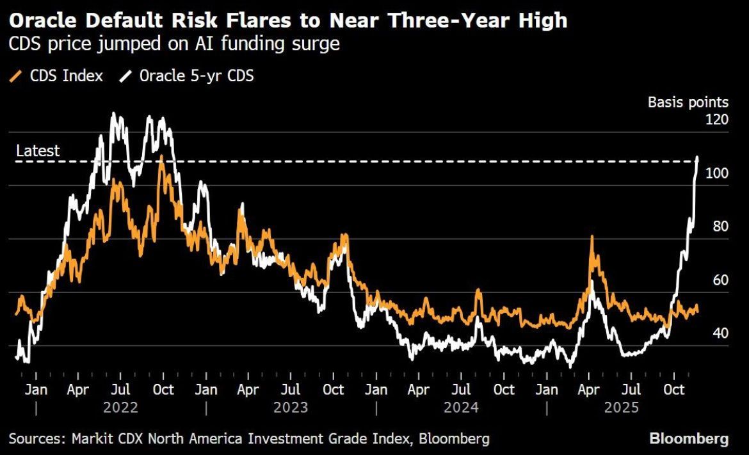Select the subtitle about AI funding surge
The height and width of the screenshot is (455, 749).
pos(174,45)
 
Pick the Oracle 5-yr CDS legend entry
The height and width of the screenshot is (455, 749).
pos(186,76)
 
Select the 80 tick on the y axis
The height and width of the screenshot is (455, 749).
pos(720,227)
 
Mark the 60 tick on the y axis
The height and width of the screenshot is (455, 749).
pos(720,280)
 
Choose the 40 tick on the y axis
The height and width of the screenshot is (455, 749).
pos(720,333)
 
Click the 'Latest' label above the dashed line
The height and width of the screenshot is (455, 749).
pos(38,151)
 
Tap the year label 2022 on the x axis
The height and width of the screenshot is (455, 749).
pos(121,407)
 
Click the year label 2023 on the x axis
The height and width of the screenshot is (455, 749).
pos(291,407)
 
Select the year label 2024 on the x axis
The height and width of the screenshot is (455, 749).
pos(462,407)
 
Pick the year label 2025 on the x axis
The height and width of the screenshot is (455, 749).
pos(622,407)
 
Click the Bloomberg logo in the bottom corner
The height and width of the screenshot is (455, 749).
pos(689,439)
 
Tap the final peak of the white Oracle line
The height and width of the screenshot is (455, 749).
pos(697,157)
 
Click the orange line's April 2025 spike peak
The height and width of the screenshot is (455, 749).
pos(592,237)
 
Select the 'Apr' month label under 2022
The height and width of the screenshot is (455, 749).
pos(78,389)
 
